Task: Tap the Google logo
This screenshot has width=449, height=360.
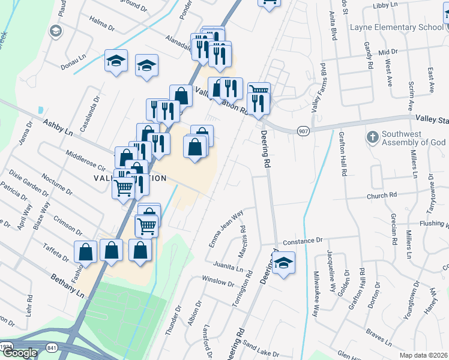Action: (20, 353)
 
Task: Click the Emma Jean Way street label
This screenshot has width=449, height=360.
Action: (226, 227)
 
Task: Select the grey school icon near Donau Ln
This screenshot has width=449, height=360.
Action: (55, 31)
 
